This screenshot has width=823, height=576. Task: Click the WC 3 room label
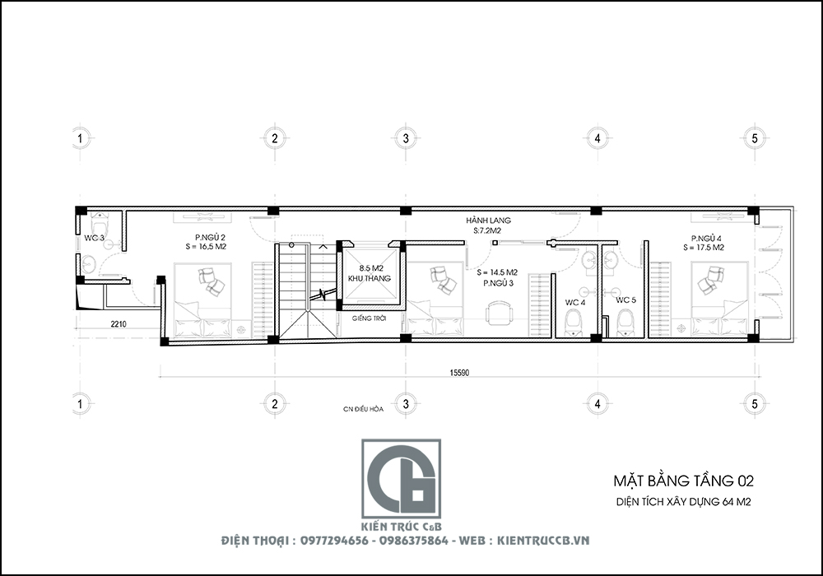tap(94, 238)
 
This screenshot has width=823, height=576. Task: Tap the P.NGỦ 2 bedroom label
tap(210, 238)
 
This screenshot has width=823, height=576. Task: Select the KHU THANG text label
tap(370, 279)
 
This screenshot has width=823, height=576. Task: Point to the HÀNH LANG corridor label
tap(488, 221)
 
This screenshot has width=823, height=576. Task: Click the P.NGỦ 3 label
tap(499, 283)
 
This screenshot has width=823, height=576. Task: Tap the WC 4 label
tap(575, 303)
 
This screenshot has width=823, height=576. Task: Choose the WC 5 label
tap(625, 300)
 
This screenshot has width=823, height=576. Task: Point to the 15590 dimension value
tap(459, 373)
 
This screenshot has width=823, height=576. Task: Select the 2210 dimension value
tap(119, 324)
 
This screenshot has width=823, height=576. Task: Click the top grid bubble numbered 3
tap(406, 138)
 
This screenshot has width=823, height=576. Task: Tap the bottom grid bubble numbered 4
tap(597, 404)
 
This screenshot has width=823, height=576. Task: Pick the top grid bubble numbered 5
tap(755, 138)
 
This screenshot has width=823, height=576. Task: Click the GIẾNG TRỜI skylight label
tap(370, 318)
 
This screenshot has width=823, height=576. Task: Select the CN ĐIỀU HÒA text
tap(363, 409)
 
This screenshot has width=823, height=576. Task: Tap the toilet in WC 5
tap(625, 322)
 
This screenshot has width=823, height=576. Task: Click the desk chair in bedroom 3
tap(499, 313)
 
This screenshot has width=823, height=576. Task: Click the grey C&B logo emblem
tap(401, 479)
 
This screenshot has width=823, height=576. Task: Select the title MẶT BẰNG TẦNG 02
tap(683, 481)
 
